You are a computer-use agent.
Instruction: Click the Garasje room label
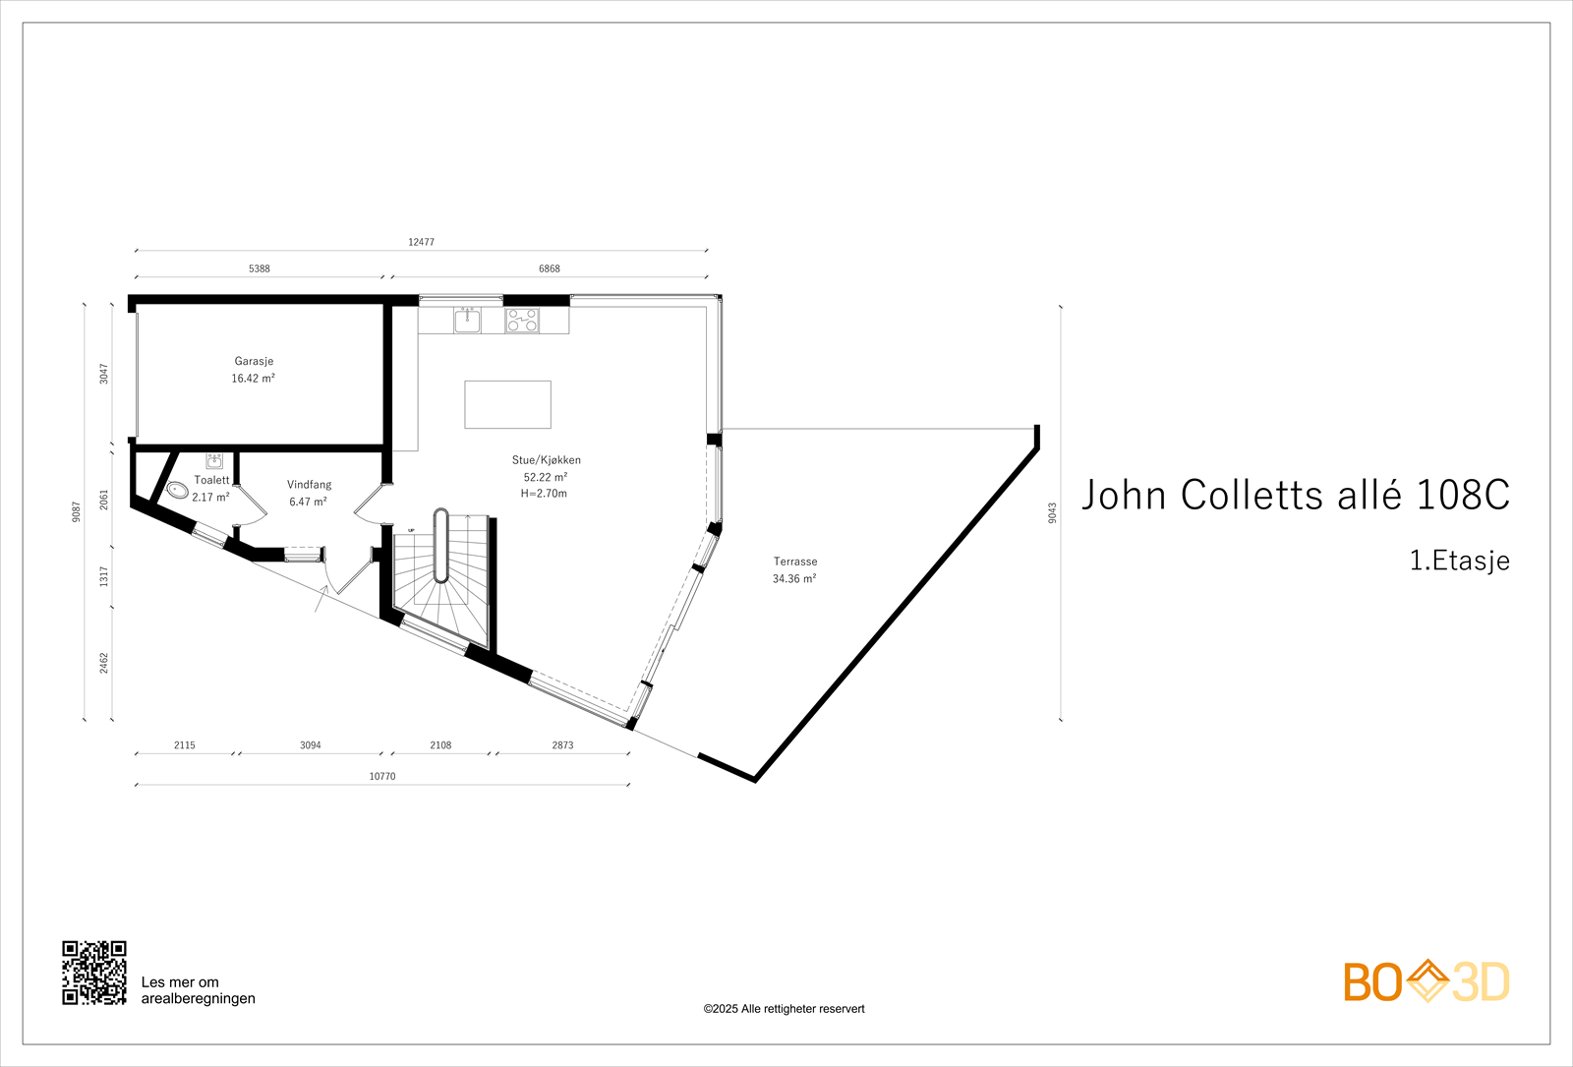254,362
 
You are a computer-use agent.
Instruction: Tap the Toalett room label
211,480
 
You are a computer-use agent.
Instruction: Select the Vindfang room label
309,485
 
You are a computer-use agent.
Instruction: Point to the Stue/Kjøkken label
546,460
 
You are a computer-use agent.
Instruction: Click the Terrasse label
794,562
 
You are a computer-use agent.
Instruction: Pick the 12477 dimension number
421,242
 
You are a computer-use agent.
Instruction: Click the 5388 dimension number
259,268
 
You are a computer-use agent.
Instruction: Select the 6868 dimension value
549,268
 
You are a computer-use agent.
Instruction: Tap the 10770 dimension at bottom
382,777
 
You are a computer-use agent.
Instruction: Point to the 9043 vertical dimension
1052,512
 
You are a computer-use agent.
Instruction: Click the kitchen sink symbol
467,320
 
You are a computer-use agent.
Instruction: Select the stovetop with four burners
522,320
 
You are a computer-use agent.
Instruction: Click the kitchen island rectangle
507,404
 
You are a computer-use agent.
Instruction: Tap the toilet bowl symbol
177,490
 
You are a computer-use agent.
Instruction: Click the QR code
94,973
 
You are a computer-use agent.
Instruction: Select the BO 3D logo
1427,981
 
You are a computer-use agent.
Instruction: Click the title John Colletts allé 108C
1295,495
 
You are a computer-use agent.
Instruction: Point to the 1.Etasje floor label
1459,561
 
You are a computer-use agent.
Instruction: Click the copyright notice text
784,1009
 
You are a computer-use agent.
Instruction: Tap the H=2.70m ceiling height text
544,494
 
